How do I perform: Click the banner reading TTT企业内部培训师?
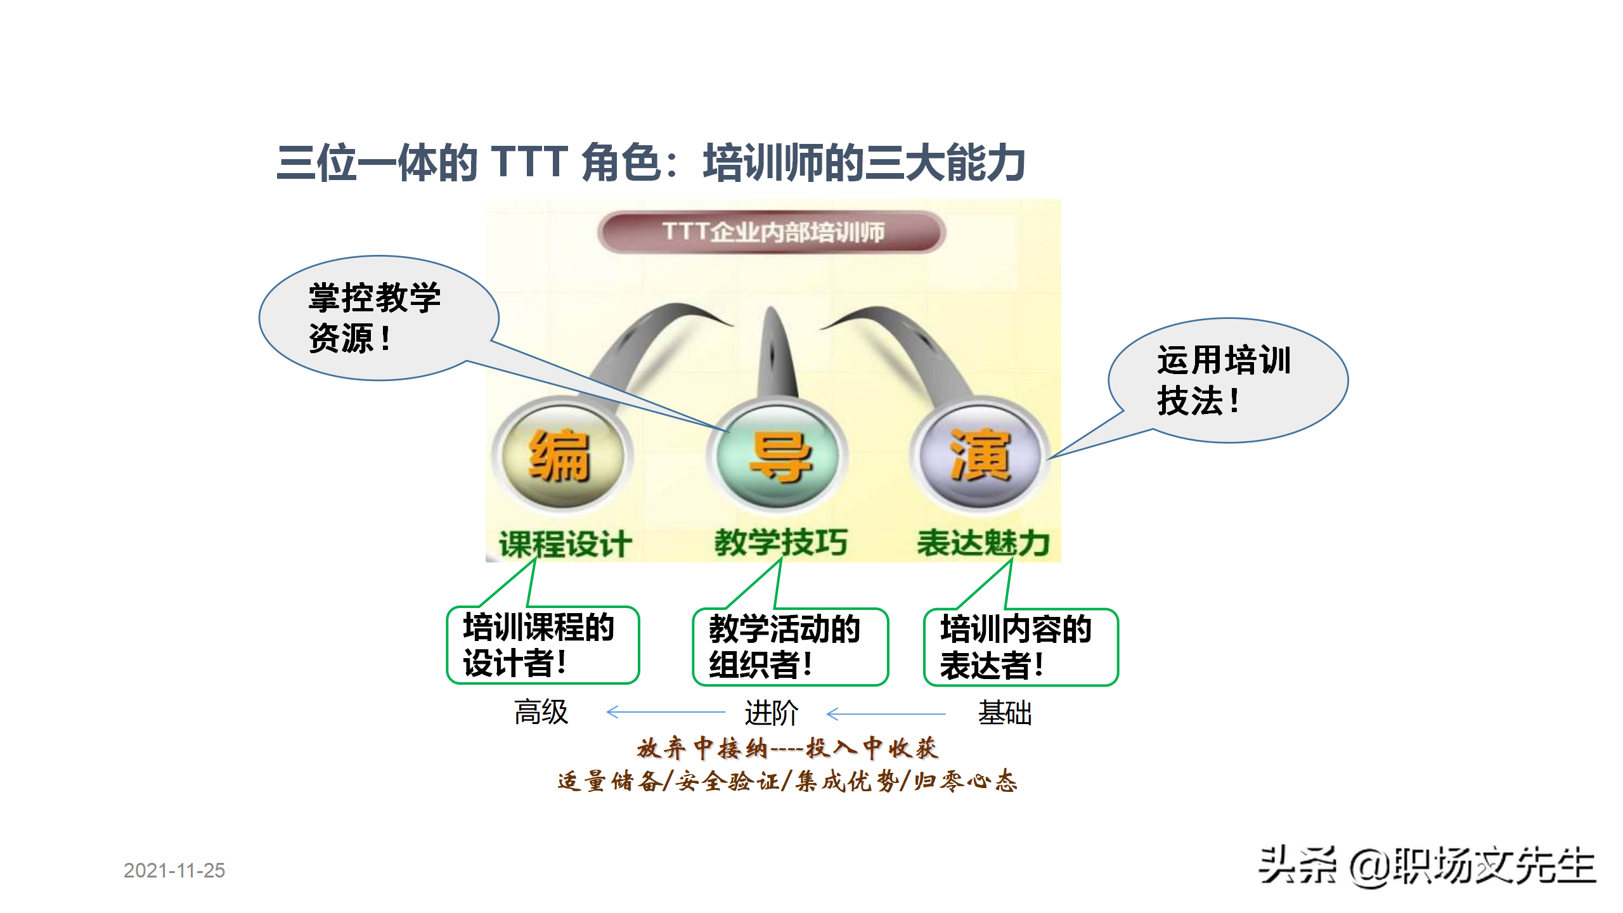pyautogui.click(x=772, y=232)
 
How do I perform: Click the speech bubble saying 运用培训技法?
pyautogui.click(x=1227, y=380)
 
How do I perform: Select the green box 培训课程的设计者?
pyautogui.click(x=543, y=645)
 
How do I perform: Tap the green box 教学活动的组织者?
pyautogui.click(x=790, y=647)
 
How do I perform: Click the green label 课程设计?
pyautogui.click(x=565, y=544)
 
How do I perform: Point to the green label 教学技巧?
pyautogui.click(x=780, y=543)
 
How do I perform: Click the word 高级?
pyautogui.click(x=541, y=712)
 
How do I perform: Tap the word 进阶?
pyautogui.click(x=771, y=713)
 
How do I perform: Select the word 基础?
pyautogui.click(x=1005, y=713)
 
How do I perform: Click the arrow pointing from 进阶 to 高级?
pyautogui.click(x=666, y=712)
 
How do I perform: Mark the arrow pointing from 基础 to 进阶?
pyautogui.click(x=886, y=714)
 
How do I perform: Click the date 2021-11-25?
pyautogui.click(x=174, y=871)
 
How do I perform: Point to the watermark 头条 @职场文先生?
pyautogui.click(x=1426, y=865)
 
